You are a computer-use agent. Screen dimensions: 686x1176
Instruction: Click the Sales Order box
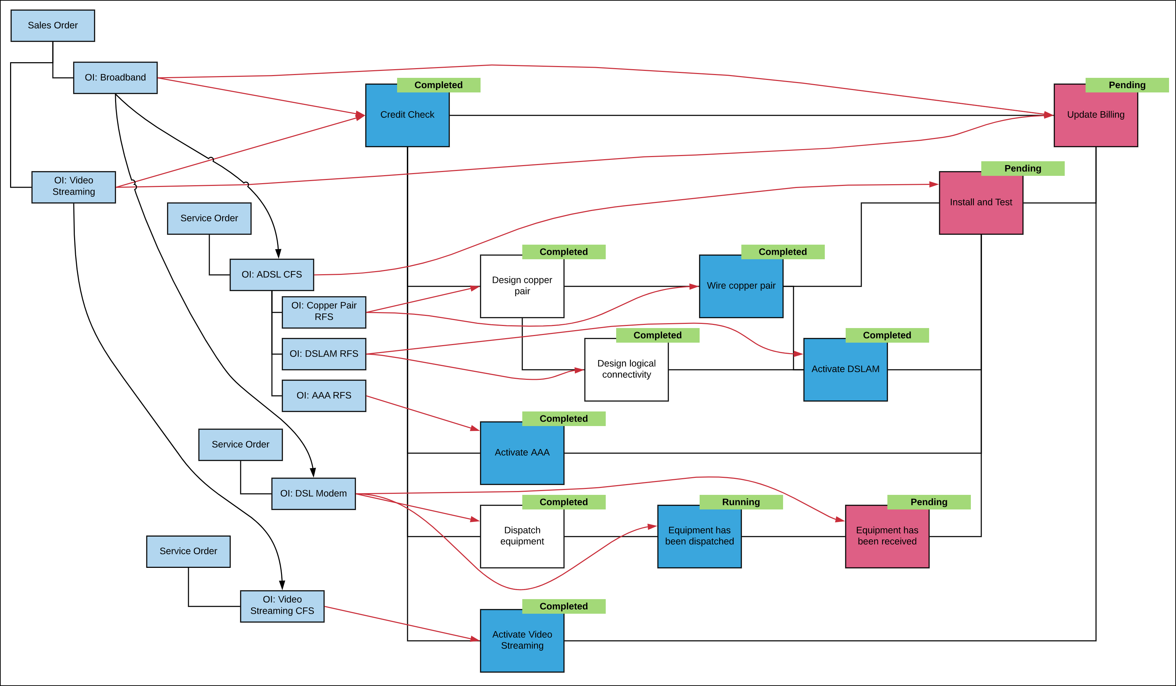pos(53,26)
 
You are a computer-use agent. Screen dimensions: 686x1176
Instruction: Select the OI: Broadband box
pos(115,78)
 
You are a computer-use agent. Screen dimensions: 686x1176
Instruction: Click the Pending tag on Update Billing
pos(1127,85)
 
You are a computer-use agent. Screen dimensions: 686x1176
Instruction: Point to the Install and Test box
pos(981,205)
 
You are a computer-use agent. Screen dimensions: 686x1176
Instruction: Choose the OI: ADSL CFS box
pos(272,275)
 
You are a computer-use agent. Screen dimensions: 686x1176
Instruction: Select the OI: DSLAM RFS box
pos(324,354)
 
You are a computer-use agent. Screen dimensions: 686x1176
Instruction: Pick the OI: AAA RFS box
pos(324,395)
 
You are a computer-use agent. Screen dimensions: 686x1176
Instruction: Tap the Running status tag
pos(741,502)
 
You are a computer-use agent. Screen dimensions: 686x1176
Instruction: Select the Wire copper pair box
pos(741,289)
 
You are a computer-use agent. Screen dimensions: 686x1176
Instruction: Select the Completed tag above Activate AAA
pos(563,419)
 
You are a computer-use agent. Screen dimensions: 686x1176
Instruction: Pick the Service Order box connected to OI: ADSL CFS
pos(209,218)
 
